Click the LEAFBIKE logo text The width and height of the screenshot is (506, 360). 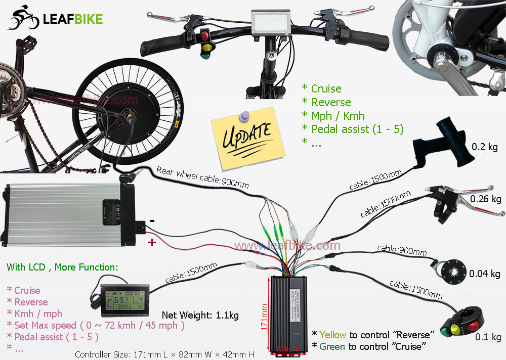73,19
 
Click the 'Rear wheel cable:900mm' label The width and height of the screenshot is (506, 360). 203,177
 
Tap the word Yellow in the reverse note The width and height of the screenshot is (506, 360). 333,335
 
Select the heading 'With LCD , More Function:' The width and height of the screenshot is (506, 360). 62,266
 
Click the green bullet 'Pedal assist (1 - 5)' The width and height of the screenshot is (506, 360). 357,129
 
